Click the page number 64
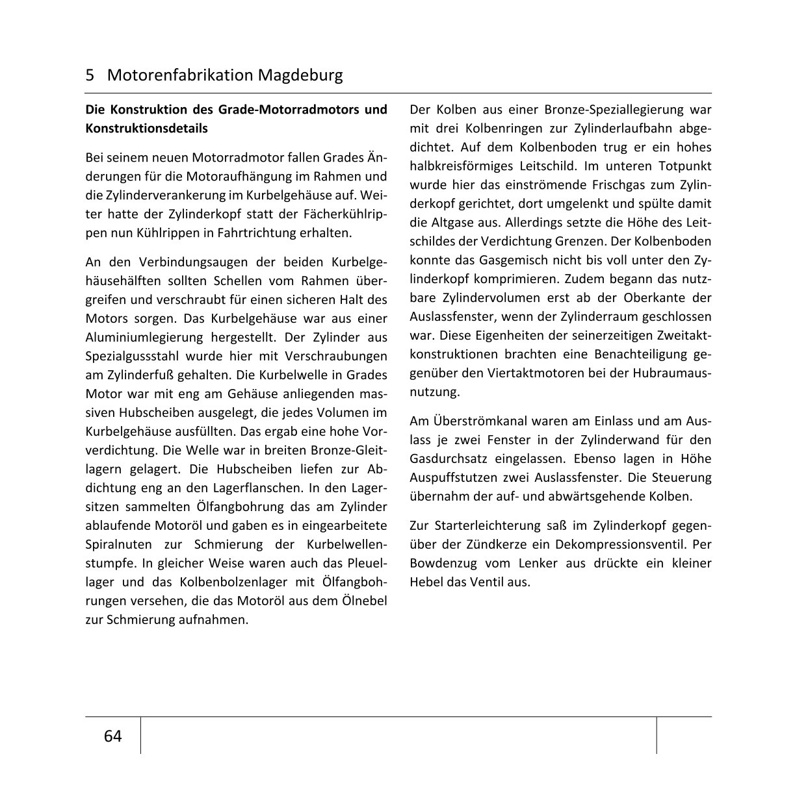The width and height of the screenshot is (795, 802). [112, 736]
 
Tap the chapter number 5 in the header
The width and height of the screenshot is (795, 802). [90, 75]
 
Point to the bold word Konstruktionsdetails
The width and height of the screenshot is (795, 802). [147, 128]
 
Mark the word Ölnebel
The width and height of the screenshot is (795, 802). [364, 601]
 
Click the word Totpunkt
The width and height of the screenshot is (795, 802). [684, 166]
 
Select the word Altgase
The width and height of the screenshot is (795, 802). [452, 222]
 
